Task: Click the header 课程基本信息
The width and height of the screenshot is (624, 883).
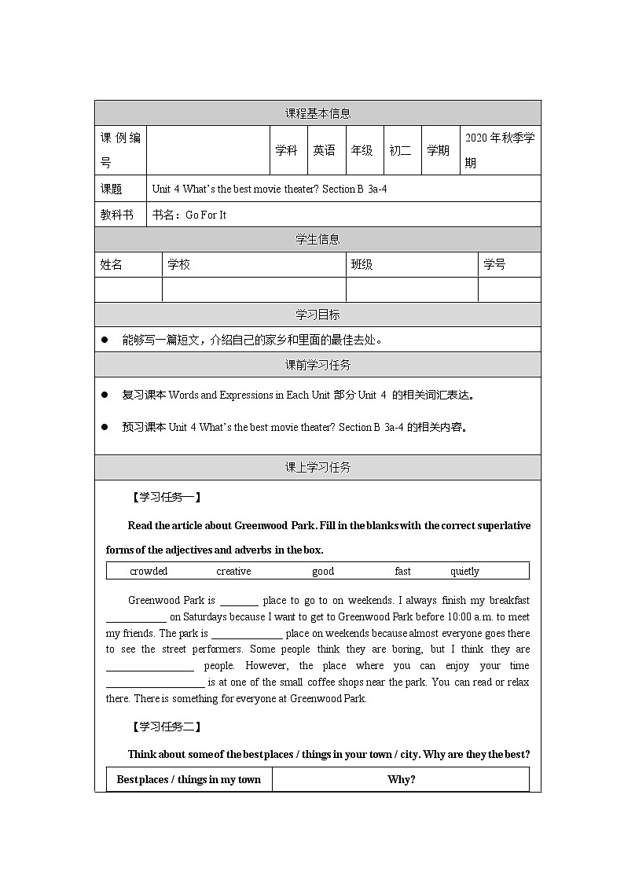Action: [x=318, y=113]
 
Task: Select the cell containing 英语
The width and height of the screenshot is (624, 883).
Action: [x=324, y=150]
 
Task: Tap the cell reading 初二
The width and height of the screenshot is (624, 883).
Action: [x=400, y=150]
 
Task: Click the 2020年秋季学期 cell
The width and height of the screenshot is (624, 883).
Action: [x=499, y=150]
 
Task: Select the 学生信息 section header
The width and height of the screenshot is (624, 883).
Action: [x=318, y=240]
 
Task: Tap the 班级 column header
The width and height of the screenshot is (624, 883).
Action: [x=362, y=265]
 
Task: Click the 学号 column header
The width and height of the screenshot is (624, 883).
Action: [x=494, y=265]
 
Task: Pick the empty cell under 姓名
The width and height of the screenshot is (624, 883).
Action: [x=128, y=289]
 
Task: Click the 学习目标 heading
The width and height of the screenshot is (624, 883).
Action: [x=318, y=315]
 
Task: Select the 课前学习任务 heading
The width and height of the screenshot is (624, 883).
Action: [x=318, y=365]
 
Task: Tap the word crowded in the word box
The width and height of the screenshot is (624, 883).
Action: [x=149, y=572]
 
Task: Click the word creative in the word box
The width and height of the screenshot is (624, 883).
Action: [x=233, y=572]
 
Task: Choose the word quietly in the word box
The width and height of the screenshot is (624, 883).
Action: [x=464, y=572]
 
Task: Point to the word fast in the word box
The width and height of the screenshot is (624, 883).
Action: [x=402, y=572]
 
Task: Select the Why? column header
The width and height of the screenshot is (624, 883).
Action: [x=401, y=780]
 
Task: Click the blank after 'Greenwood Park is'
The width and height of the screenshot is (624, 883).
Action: [x=239, y=602]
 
